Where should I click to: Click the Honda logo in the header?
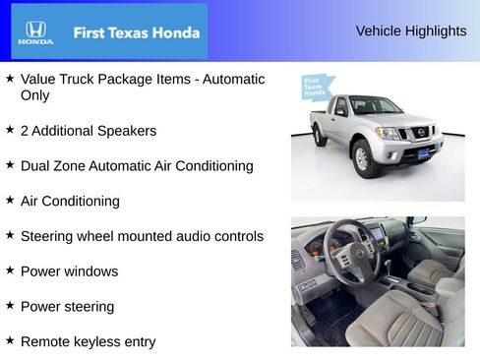click(34, 31)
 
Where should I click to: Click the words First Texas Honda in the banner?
click(137, 32)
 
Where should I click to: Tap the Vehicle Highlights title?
click(411, 31)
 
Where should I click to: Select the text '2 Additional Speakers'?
click(88, 131)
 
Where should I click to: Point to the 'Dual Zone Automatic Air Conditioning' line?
click(137, 166)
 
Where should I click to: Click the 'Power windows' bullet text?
click(69, 271)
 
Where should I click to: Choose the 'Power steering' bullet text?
click(67, 307)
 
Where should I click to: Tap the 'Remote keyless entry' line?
click(88, 342)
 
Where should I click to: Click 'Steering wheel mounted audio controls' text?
click(142, 236)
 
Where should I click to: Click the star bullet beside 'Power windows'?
click(10, 270)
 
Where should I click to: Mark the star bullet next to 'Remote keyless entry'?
click(10, 340)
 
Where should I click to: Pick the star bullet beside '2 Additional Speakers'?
click(10, 129)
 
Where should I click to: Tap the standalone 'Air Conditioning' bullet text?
click(70, 201)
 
